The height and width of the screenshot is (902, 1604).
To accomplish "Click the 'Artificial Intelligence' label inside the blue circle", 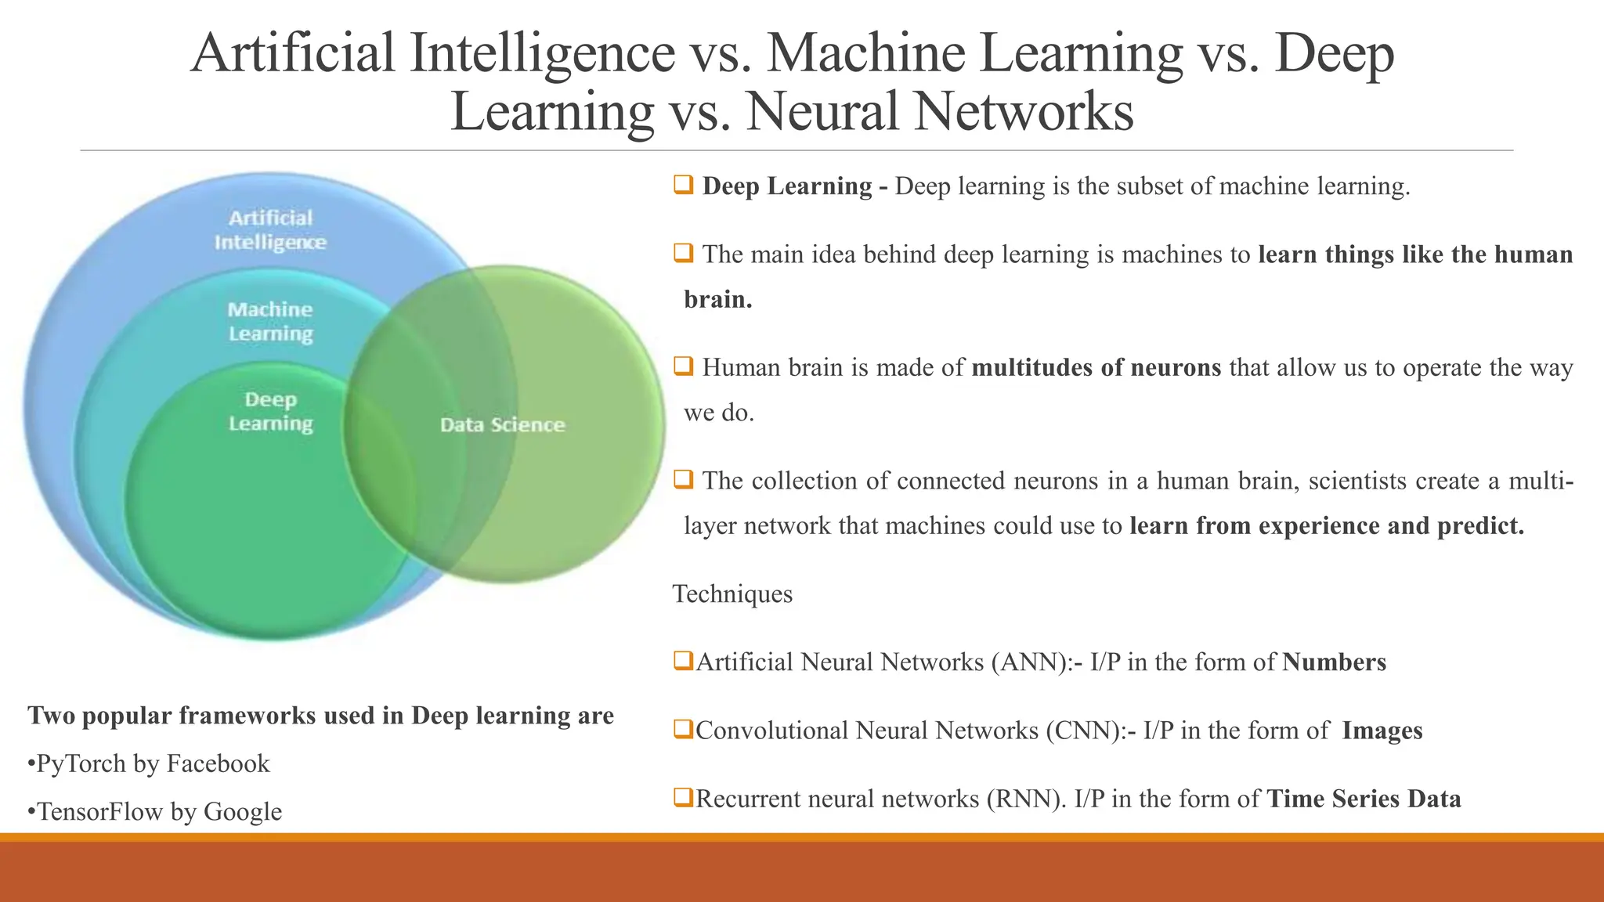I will point(270,230).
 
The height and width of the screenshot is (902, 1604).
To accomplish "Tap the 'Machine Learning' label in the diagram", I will point(270,321).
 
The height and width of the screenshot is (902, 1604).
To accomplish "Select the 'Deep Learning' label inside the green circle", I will point(270,412).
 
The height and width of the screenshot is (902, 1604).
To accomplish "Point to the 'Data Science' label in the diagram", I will point(502,425).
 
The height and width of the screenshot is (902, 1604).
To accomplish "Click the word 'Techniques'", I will point(732,594).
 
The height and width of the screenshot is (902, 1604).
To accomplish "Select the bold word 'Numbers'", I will point(1335,662).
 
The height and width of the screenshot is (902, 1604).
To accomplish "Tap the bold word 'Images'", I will point(1382,731).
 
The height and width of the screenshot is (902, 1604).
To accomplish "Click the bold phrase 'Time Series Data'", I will point(1364,799).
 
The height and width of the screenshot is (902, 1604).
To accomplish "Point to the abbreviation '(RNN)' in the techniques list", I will point(1027,799).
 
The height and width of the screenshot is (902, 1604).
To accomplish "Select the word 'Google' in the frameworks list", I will point(243,812).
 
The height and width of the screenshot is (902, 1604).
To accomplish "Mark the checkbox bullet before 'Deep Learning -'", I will point(683,186).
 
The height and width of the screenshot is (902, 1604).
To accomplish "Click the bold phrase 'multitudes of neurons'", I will point(1096,368).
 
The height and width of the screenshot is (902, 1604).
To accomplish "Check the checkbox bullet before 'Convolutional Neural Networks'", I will point(683,730).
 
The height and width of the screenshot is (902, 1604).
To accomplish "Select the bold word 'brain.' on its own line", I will point(718,300).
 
